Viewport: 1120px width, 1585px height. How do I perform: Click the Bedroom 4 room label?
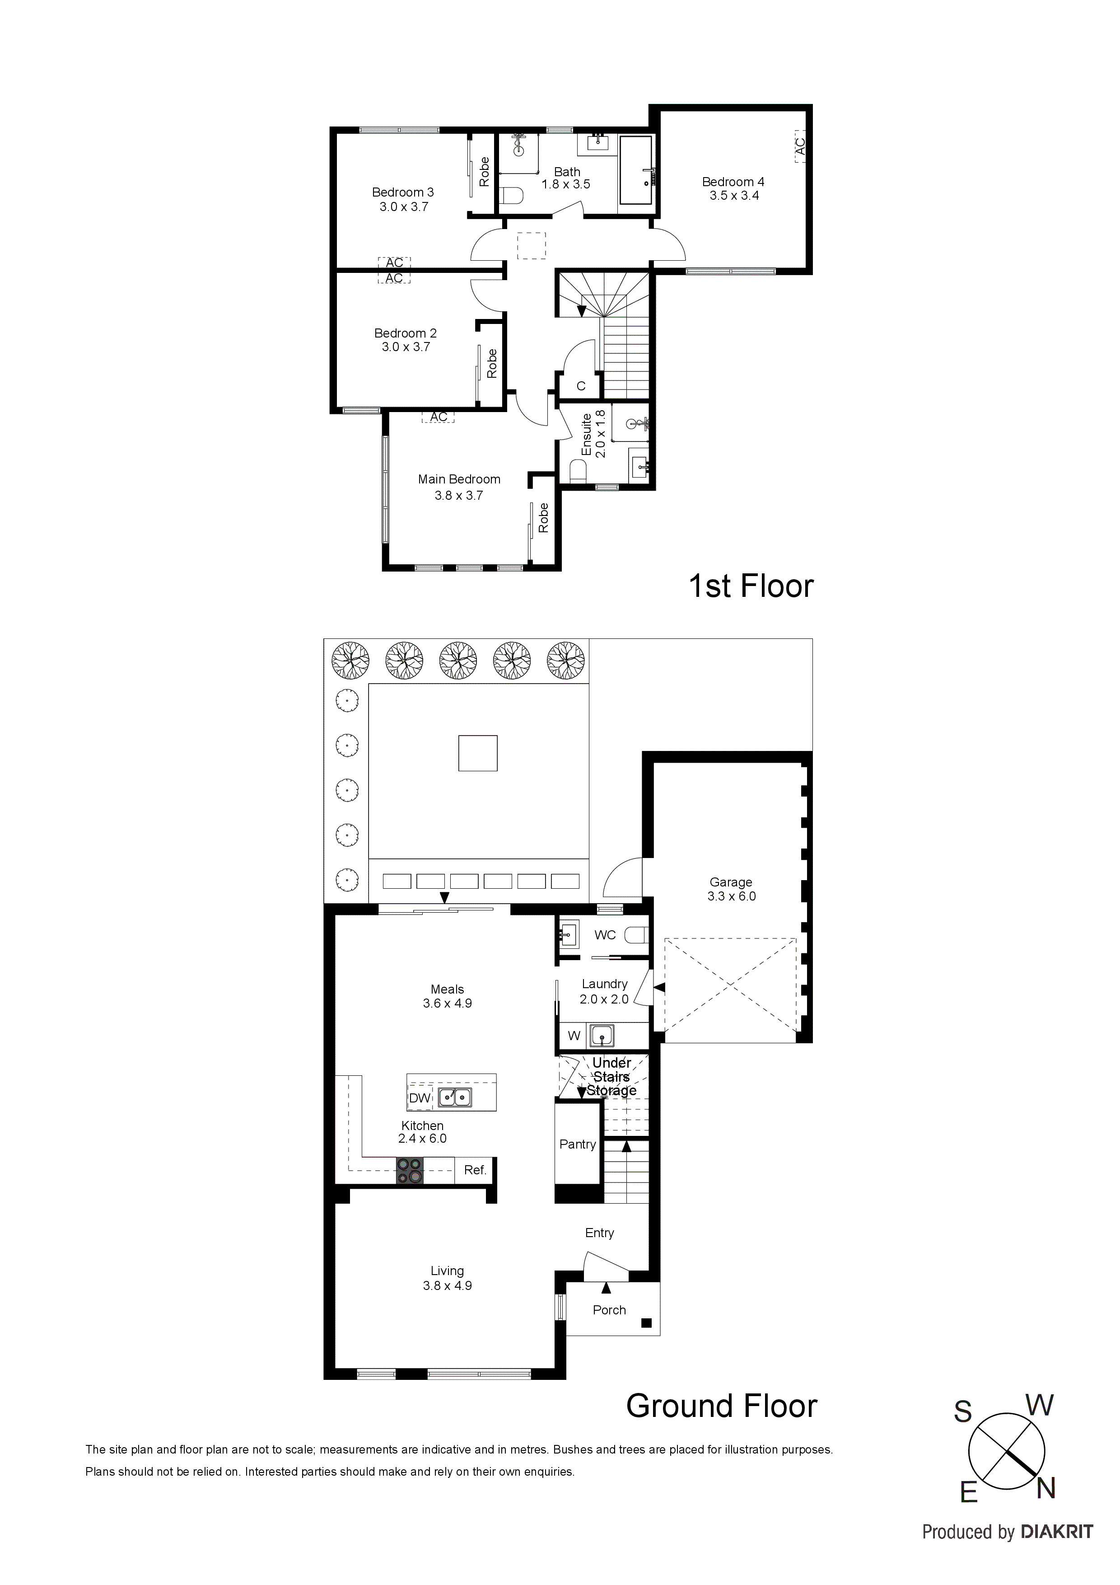pos(733,188)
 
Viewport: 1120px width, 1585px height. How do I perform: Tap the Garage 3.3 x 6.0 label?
pos(731,889)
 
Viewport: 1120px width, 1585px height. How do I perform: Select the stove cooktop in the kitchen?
pos(409,1170)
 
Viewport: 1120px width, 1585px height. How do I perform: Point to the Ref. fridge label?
pos(475,1170)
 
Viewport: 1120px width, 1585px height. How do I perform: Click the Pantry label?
pos(578,1144)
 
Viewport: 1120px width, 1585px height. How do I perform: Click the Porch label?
pos(609,1309)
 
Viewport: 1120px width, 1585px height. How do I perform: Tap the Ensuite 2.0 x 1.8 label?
pos(593,434)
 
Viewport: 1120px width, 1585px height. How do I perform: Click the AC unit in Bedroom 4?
pos(800,146)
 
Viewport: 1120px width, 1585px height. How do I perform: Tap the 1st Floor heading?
pos(751,586)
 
